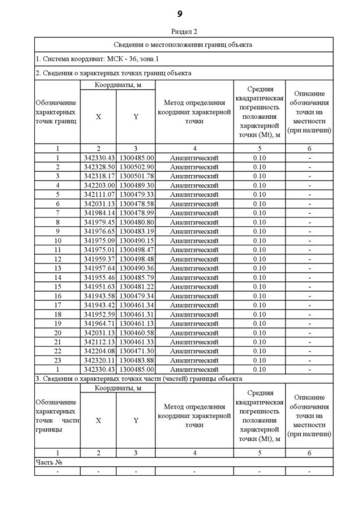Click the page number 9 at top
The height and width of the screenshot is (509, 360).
(180, 13)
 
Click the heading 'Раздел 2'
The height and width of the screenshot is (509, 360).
(180, 32)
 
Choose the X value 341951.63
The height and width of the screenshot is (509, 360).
(99, 286)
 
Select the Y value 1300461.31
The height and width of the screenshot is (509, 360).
(136, 314)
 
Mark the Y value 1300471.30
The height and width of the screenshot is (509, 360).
(136, 350)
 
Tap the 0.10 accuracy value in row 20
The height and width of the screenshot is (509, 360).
(259, 332)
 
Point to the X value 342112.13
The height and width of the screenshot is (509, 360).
(99, 341)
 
